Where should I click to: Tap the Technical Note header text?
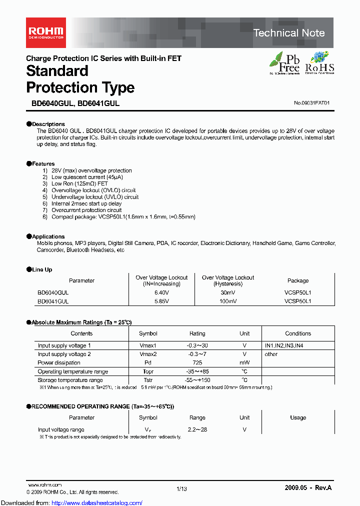[288, 33]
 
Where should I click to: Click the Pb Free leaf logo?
[284, 63]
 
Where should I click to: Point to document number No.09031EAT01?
[312, 103]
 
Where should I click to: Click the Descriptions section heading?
[48, 124]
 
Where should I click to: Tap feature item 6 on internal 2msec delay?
[86, 203]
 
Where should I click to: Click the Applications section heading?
[48, 236]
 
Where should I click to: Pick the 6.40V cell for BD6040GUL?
[161, 292]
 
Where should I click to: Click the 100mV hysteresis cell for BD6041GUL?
[227, 301]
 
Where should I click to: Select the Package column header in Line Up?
[298, 280]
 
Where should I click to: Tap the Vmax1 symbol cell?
[148, 345]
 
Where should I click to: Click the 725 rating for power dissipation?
[197, 362]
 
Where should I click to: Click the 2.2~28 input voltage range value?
[197, 429]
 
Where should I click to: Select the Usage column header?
[298, 417]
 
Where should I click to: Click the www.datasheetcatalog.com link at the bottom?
[71, 502]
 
